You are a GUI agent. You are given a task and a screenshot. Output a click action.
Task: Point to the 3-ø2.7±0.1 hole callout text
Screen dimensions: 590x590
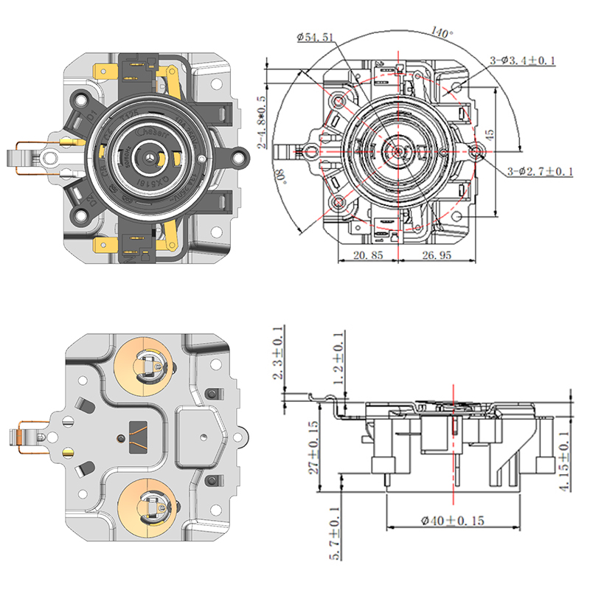(541, 171)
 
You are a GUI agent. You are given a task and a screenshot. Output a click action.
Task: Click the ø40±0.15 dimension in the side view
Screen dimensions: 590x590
(453, 521)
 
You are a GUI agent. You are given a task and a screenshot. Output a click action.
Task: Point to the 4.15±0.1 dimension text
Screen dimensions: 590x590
(564, 461)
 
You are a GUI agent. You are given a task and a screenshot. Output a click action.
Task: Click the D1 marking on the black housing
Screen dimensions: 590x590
(92, 116)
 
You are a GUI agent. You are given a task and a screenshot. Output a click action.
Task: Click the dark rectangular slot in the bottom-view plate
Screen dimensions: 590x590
(138, 435)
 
